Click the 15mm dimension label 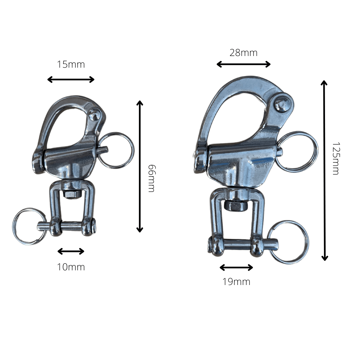click(x=71, y=64)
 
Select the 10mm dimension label click(x=71, y=267)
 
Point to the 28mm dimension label click(x=243, y=53)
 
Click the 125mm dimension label click(x=336, y=159)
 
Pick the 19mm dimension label click(x=236, y=282)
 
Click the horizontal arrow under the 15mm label click(x=71, y=79)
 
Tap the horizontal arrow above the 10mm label click(x=71, y=251)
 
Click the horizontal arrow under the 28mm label click(x=243, y=64)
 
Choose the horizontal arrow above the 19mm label click(x=236, y=267)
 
